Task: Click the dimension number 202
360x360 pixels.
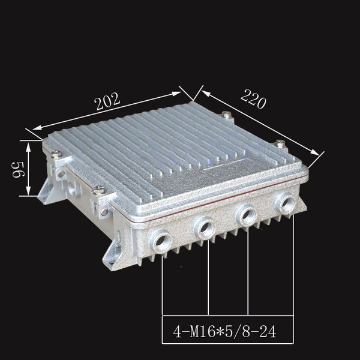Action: coord(108,101)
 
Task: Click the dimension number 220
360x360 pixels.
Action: coord(253,99)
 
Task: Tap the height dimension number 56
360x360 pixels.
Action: coord(18,169)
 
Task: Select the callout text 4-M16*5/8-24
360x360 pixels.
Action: coord(224,332)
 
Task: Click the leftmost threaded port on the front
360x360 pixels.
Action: coord(160,242)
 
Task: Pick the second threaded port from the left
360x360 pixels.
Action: coord(205,228)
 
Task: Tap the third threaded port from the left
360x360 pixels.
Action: coord(247,215)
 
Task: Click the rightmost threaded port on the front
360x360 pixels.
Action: coord(286,203)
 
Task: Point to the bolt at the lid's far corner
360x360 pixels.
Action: coord(226,115)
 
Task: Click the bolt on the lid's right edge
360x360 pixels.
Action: coord(280,143)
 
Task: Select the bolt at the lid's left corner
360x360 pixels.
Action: coord(56,154)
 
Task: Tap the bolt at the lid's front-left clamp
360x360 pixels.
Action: coord(99,190)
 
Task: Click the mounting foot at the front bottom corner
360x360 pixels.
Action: coord(113,255)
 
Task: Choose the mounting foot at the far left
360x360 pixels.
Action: coord(46,193)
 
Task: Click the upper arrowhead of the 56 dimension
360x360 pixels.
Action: coord(28,147)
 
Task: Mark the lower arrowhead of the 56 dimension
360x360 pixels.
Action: coord(28,190)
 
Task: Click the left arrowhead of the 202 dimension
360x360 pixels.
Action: coord(37,128)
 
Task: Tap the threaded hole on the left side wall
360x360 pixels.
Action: coord(71,188)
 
